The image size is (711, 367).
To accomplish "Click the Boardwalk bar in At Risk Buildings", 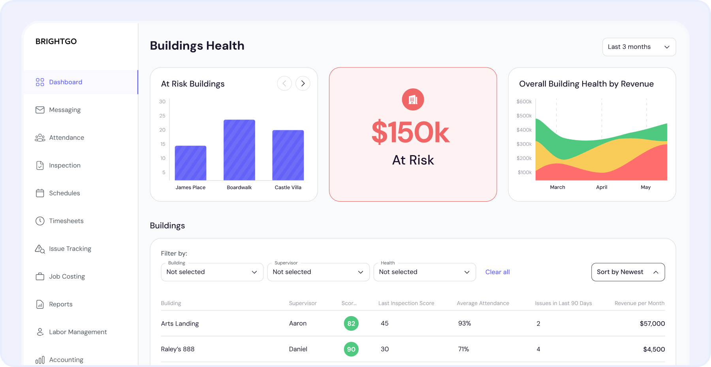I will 239,150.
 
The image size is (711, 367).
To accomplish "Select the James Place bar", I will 190,163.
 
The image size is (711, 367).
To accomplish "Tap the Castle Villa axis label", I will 288,187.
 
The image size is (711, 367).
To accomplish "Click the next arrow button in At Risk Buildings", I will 303,83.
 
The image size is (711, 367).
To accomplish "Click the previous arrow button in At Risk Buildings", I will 284,83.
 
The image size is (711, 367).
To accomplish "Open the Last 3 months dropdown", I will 639,47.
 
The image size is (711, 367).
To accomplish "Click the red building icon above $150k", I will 413,99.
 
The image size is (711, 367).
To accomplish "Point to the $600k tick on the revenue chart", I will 524,101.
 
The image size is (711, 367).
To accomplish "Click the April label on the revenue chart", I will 601,187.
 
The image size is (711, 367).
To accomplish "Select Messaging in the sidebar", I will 65,110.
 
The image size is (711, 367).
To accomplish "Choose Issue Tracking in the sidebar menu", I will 70,249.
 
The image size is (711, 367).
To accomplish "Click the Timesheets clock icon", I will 40,221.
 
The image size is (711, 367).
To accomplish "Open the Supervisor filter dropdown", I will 318,272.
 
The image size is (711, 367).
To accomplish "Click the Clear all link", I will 497,272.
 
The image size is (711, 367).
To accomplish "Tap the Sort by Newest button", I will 628,272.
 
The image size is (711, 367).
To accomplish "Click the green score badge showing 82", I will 351,324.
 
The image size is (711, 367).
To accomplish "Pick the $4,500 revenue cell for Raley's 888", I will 654,349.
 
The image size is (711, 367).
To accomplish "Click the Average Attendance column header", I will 483,303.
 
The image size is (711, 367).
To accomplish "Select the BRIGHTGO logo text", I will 56,41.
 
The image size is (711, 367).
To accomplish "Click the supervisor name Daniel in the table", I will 298,349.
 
